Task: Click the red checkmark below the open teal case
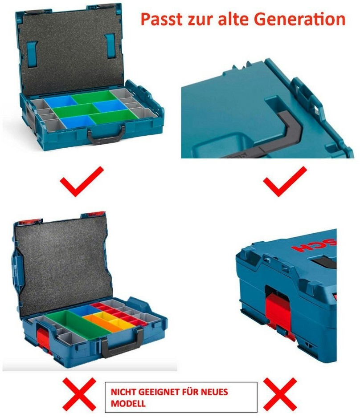pyautogui.click(x=82, y=181)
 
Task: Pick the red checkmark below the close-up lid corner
pyautogui.click(x=285, y=181)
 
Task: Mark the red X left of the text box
pyautogui.click(x=79, y=394)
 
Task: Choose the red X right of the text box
pyautogui.click(x=280, y=394)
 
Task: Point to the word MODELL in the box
pyautogui.click(x=128, y=403)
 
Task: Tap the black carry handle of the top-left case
pyautogui.click(x=106, y=134)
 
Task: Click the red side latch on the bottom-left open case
pyautogui.click(x=43, y=339)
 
